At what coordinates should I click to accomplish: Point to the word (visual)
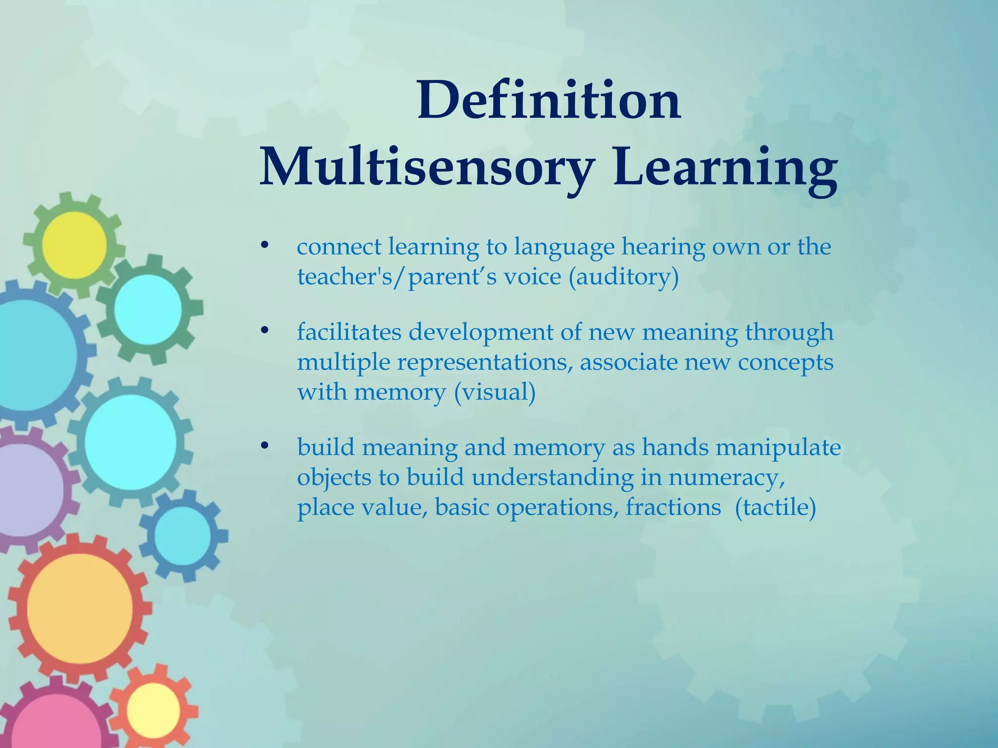tap(495, 392)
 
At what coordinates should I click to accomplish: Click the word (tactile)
tap(775, 507)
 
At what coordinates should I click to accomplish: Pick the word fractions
tap(673, 507)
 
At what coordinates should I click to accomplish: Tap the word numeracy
tap(726, 477)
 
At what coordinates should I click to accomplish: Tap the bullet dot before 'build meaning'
tap(265, 445)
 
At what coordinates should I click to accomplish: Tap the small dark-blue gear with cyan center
tap(182, 535)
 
